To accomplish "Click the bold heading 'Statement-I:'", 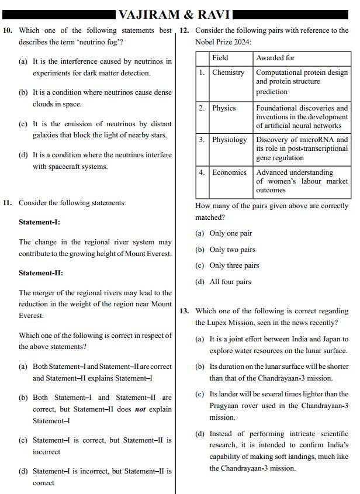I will click(39, 222).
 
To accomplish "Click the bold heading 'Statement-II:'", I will click(40, 273).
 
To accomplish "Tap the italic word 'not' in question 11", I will click(140, 409).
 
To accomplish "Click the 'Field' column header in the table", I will click(220, 58).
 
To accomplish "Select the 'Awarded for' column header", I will click(275, 58).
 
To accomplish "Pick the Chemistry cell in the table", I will click(228, 72).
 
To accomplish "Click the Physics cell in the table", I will click(224, 108).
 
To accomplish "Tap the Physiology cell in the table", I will click(229, 140).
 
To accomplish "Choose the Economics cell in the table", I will click(229, 172).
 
